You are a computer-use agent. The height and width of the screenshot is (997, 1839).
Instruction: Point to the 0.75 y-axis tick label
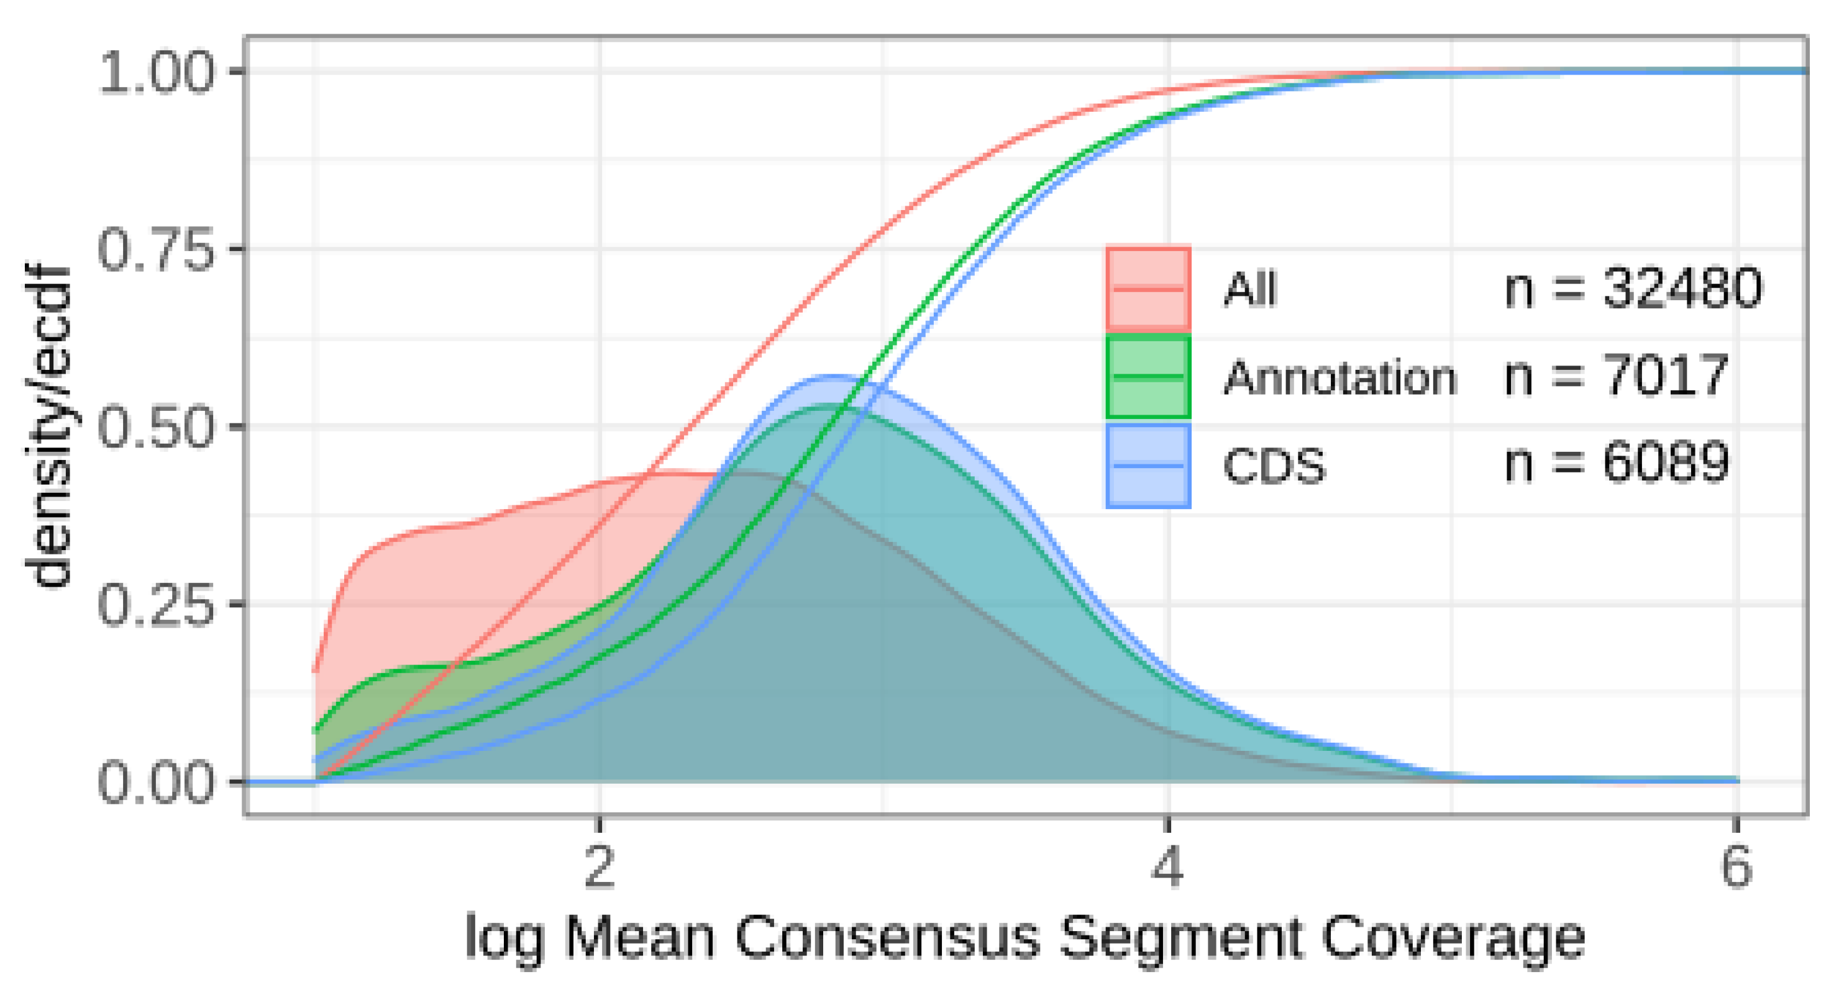(x=155, y=249)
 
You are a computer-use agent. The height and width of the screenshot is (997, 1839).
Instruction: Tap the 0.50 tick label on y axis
(x=155, y=426)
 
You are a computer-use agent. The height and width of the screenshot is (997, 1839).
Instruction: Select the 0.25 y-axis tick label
(x=155, y=604)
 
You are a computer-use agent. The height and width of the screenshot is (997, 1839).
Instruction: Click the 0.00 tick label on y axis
(x=155, y=782)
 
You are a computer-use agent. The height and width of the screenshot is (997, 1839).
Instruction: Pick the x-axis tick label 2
(x=600, y=866)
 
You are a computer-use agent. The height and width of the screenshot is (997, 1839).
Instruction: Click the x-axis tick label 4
(x=1168, y=866)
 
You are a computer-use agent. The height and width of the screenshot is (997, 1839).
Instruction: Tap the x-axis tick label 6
(x=1736, y=866)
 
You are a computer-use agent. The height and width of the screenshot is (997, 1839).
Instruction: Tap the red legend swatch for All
(x=1148, y=288)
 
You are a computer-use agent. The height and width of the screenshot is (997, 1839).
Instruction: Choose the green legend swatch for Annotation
(x=1148, y=377)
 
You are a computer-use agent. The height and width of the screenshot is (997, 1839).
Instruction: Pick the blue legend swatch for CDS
(x=1148, y=466)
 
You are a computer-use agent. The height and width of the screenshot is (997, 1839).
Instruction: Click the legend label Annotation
(x=1339, y=377)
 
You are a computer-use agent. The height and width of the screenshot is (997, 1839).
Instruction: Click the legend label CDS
(x=1274, y=466)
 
